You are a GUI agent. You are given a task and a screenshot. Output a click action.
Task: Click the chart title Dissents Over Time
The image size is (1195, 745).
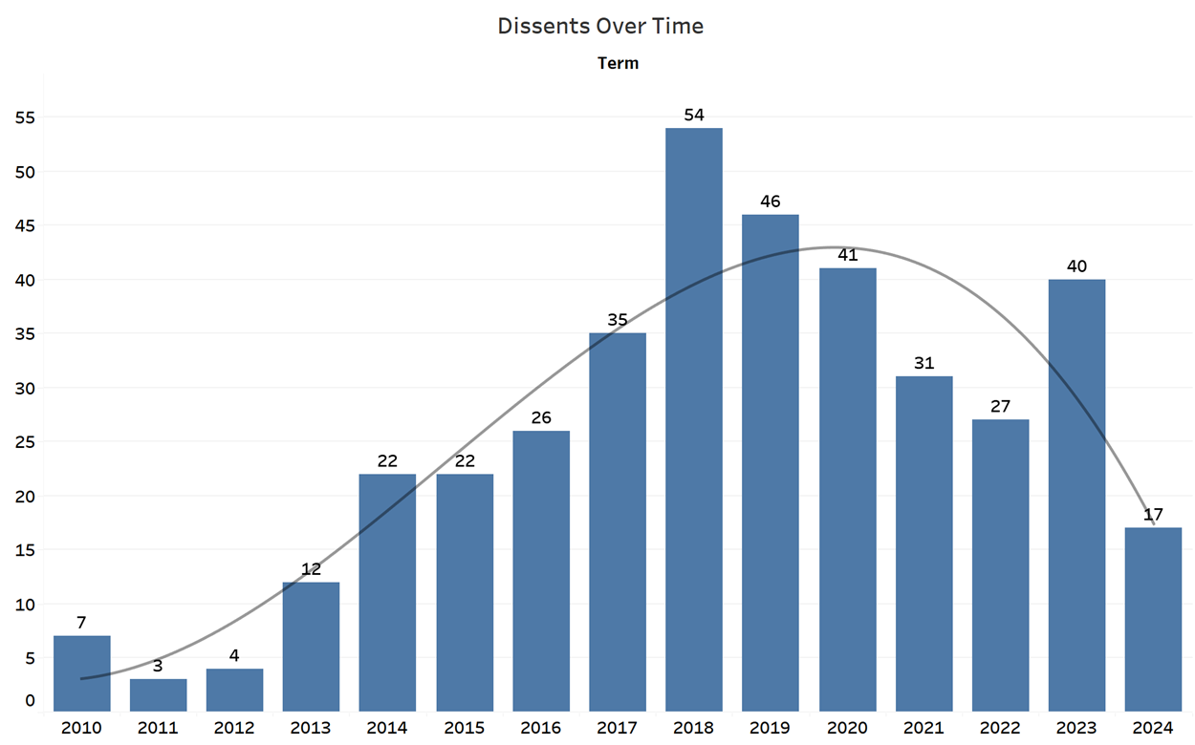coord(600,27)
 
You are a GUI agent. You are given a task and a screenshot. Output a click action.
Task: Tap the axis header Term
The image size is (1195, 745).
coord(618,64)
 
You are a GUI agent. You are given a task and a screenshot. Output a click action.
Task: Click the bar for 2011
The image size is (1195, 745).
coord(158,694)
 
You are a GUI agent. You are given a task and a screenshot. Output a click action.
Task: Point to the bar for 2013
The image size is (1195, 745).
coord(311,646)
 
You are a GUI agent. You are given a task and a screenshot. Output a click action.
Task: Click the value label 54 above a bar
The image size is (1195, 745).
coord(694,115)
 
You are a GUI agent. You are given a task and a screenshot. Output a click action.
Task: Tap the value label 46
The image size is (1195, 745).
coord(771,202)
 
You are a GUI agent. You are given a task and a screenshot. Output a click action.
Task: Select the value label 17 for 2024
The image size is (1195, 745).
coord(1153,515)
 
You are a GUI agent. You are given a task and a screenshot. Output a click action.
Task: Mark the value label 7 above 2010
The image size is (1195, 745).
coord(81,623)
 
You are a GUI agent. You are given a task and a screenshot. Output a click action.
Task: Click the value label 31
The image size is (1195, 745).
coord(923,363)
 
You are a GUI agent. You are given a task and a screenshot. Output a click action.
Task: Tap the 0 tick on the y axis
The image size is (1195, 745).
coord(30,700)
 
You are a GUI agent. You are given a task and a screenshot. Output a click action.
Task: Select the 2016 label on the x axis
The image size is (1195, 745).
coord(541,728)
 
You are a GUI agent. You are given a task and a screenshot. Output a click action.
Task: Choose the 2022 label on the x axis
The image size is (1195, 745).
coord(1000,728)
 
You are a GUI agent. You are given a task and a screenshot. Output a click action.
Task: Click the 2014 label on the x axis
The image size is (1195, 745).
coord(387,728)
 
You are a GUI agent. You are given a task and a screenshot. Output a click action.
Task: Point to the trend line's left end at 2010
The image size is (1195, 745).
coord(81,679)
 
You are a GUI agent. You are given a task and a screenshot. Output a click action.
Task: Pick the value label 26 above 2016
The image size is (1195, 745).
coord(541,418)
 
